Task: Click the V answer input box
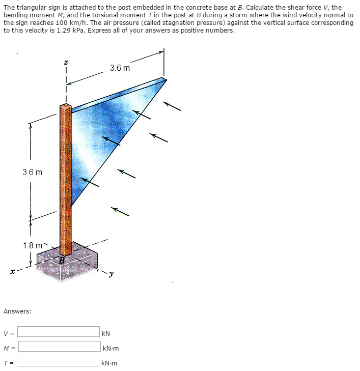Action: (x=59, y=332)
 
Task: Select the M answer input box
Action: (x=59, y=347)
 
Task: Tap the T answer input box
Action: (x=59, y=361)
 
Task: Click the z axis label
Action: (x=66, y=62)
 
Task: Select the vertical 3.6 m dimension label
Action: (x=32, y=172)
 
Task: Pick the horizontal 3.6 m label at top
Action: (x=120, y=68)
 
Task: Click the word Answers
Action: (x=17, y=310)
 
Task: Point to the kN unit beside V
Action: (x=106, y=333)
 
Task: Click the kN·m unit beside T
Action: (x=109, y=363)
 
